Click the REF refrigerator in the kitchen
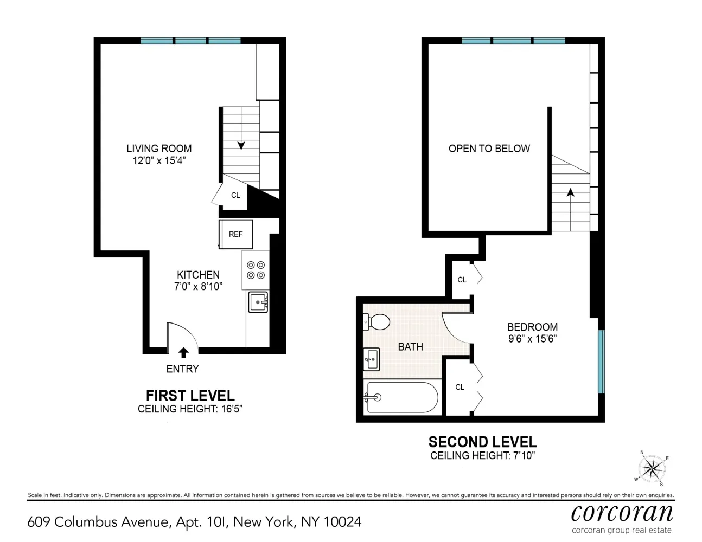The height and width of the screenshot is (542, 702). point(235,234)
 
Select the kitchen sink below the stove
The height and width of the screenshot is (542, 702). point(258,302)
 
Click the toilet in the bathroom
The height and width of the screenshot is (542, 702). point(378,322)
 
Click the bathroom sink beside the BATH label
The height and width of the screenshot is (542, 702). point(372,359)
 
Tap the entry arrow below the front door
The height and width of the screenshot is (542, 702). point(183,353)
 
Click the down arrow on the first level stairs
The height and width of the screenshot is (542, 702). point(241,145)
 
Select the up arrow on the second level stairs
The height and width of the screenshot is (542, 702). point(570,192)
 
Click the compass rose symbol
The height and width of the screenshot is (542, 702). point(652,467)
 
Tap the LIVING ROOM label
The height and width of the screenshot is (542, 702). point(159,149)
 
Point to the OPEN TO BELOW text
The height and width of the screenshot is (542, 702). point(489,149)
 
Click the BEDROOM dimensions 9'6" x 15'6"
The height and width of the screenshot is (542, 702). point(532,339)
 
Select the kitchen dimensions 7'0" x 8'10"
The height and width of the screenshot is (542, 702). point(198,287)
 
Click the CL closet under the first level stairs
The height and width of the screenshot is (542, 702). point(235,195)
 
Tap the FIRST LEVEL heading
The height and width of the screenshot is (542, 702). point(190,396)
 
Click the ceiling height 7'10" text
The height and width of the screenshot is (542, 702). point(482,455)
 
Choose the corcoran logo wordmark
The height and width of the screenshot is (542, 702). point(622,512)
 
